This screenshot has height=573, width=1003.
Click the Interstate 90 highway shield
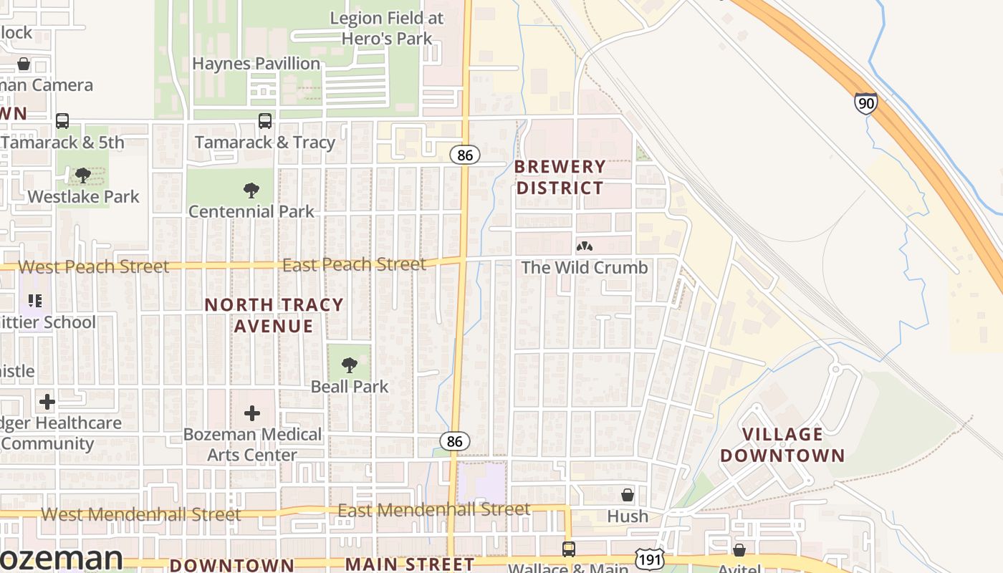point(865,103)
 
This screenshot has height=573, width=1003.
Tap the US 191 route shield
point(648,559)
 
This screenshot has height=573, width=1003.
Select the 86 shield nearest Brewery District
point(465,154)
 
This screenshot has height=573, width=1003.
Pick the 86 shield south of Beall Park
point(454,441)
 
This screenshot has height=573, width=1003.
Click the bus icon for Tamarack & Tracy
point(265,121)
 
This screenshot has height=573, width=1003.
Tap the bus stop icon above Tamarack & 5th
point(62,121)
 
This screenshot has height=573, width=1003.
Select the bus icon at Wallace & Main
point(568,549)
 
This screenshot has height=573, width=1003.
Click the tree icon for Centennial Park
point(251,191)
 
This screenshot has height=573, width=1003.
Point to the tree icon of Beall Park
point(349,365)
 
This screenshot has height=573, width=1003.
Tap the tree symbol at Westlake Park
point(83,175)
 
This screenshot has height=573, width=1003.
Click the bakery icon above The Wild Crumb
point(584,247)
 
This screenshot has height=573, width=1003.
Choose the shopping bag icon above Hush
point(627,495)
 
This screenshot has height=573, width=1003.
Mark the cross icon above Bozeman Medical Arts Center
point(251,413)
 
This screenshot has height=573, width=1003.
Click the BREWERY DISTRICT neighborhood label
point(560,178)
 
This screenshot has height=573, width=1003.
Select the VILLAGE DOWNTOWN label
point(782,445)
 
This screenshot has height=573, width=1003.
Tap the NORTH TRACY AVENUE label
point(274,315)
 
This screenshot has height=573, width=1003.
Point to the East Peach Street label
point(354,264)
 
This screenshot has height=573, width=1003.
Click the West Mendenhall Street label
point(141,514)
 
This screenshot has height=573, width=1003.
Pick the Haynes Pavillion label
point(256,64)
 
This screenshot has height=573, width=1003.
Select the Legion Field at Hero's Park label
point(387,28)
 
